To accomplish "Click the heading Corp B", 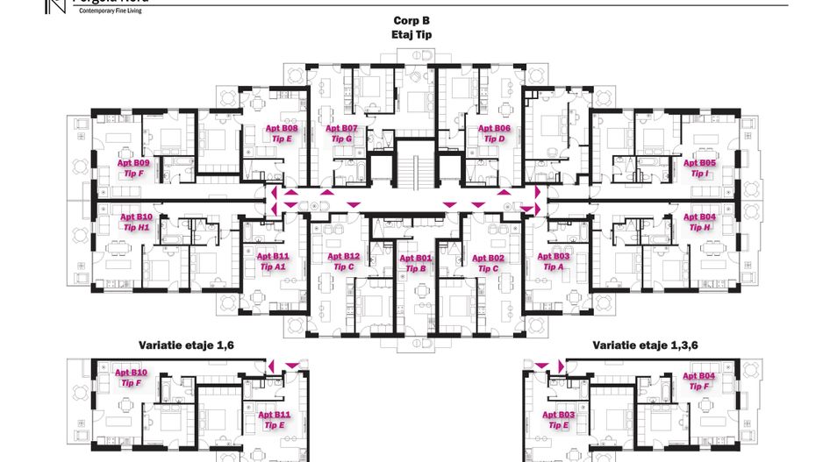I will pos(411,20).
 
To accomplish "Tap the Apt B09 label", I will pos(134,163).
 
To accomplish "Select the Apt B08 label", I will pos(282,128).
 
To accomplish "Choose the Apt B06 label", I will pos(494,128).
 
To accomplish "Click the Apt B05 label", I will pos(699,163).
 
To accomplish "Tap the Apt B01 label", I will pos(416,258).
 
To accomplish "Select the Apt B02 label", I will pos(488,258).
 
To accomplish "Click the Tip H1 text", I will pos(137,227).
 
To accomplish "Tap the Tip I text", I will pos(699,174).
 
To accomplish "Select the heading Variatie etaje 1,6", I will pos(186,345).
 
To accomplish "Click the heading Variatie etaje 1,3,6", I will pos(645,345).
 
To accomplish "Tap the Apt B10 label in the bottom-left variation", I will pos(132,373).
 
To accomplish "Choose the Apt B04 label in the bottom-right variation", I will pos(699,376).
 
